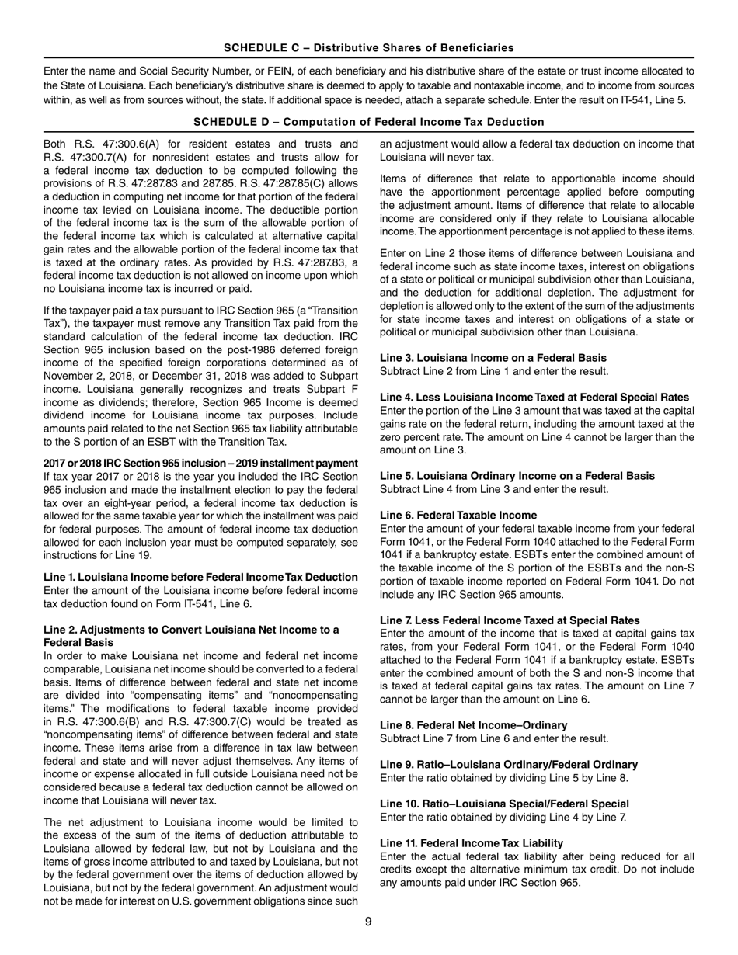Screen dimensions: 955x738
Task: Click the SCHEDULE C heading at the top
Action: (368, 48)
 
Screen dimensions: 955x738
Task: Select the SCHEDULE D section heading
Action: (368, 122)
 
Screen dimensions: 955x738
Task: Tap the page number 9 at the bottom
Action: (369, 922)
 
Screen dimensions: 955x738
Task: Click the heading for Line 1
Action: (200, 577)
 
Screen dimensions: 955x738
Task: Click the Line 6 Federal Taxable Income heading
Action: (458, 515)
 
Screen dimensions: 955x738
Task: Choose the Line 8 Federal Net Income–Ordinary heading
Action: (474, 724)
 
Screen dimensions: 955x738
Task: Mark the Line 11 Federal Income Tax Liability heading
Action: (472, 842)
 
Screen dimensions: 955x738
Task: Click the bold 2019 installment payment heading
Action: (200, 463)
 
